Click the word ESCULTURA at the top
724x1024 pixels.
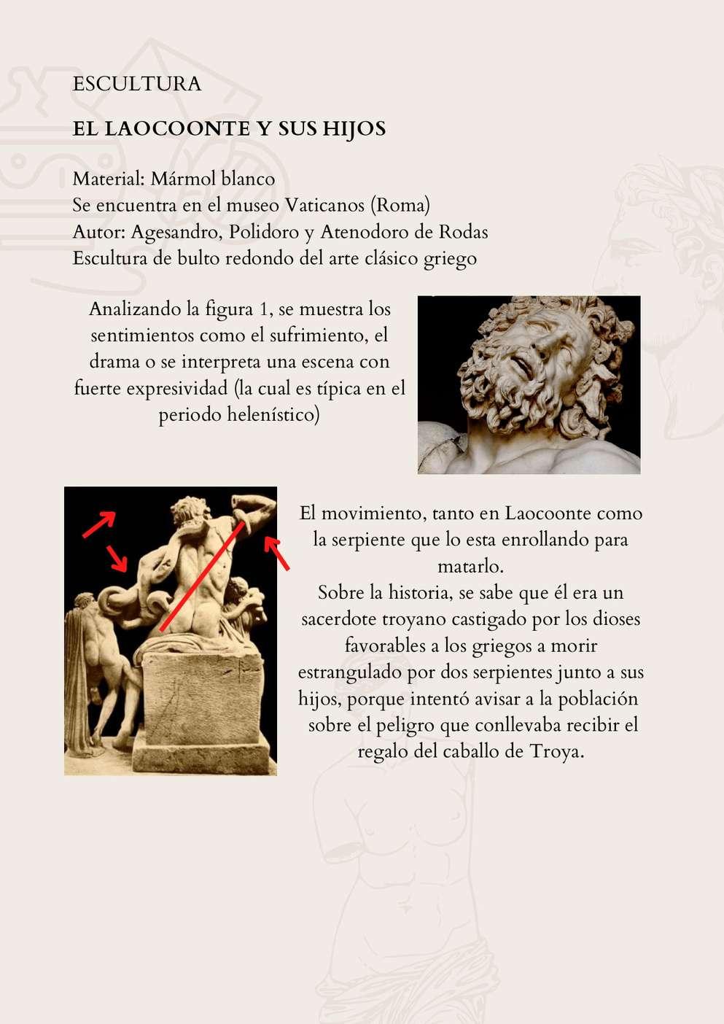coord(137,84)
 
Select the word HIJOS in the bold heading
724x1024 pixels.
coord(354,129)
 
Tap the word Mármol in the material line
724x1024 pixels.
coord(182,179)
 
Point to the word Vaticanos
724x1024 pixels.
coord(324,206)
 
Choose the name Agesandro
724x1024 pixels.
coord(177,233)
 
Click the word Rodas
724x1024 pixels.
coord(463,232)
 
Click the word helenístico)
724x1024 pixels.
coord(273,415)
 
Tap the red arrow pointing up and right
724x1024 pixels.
coord(99,524)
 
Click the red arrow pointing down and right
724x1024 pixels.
coord(117,558)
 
